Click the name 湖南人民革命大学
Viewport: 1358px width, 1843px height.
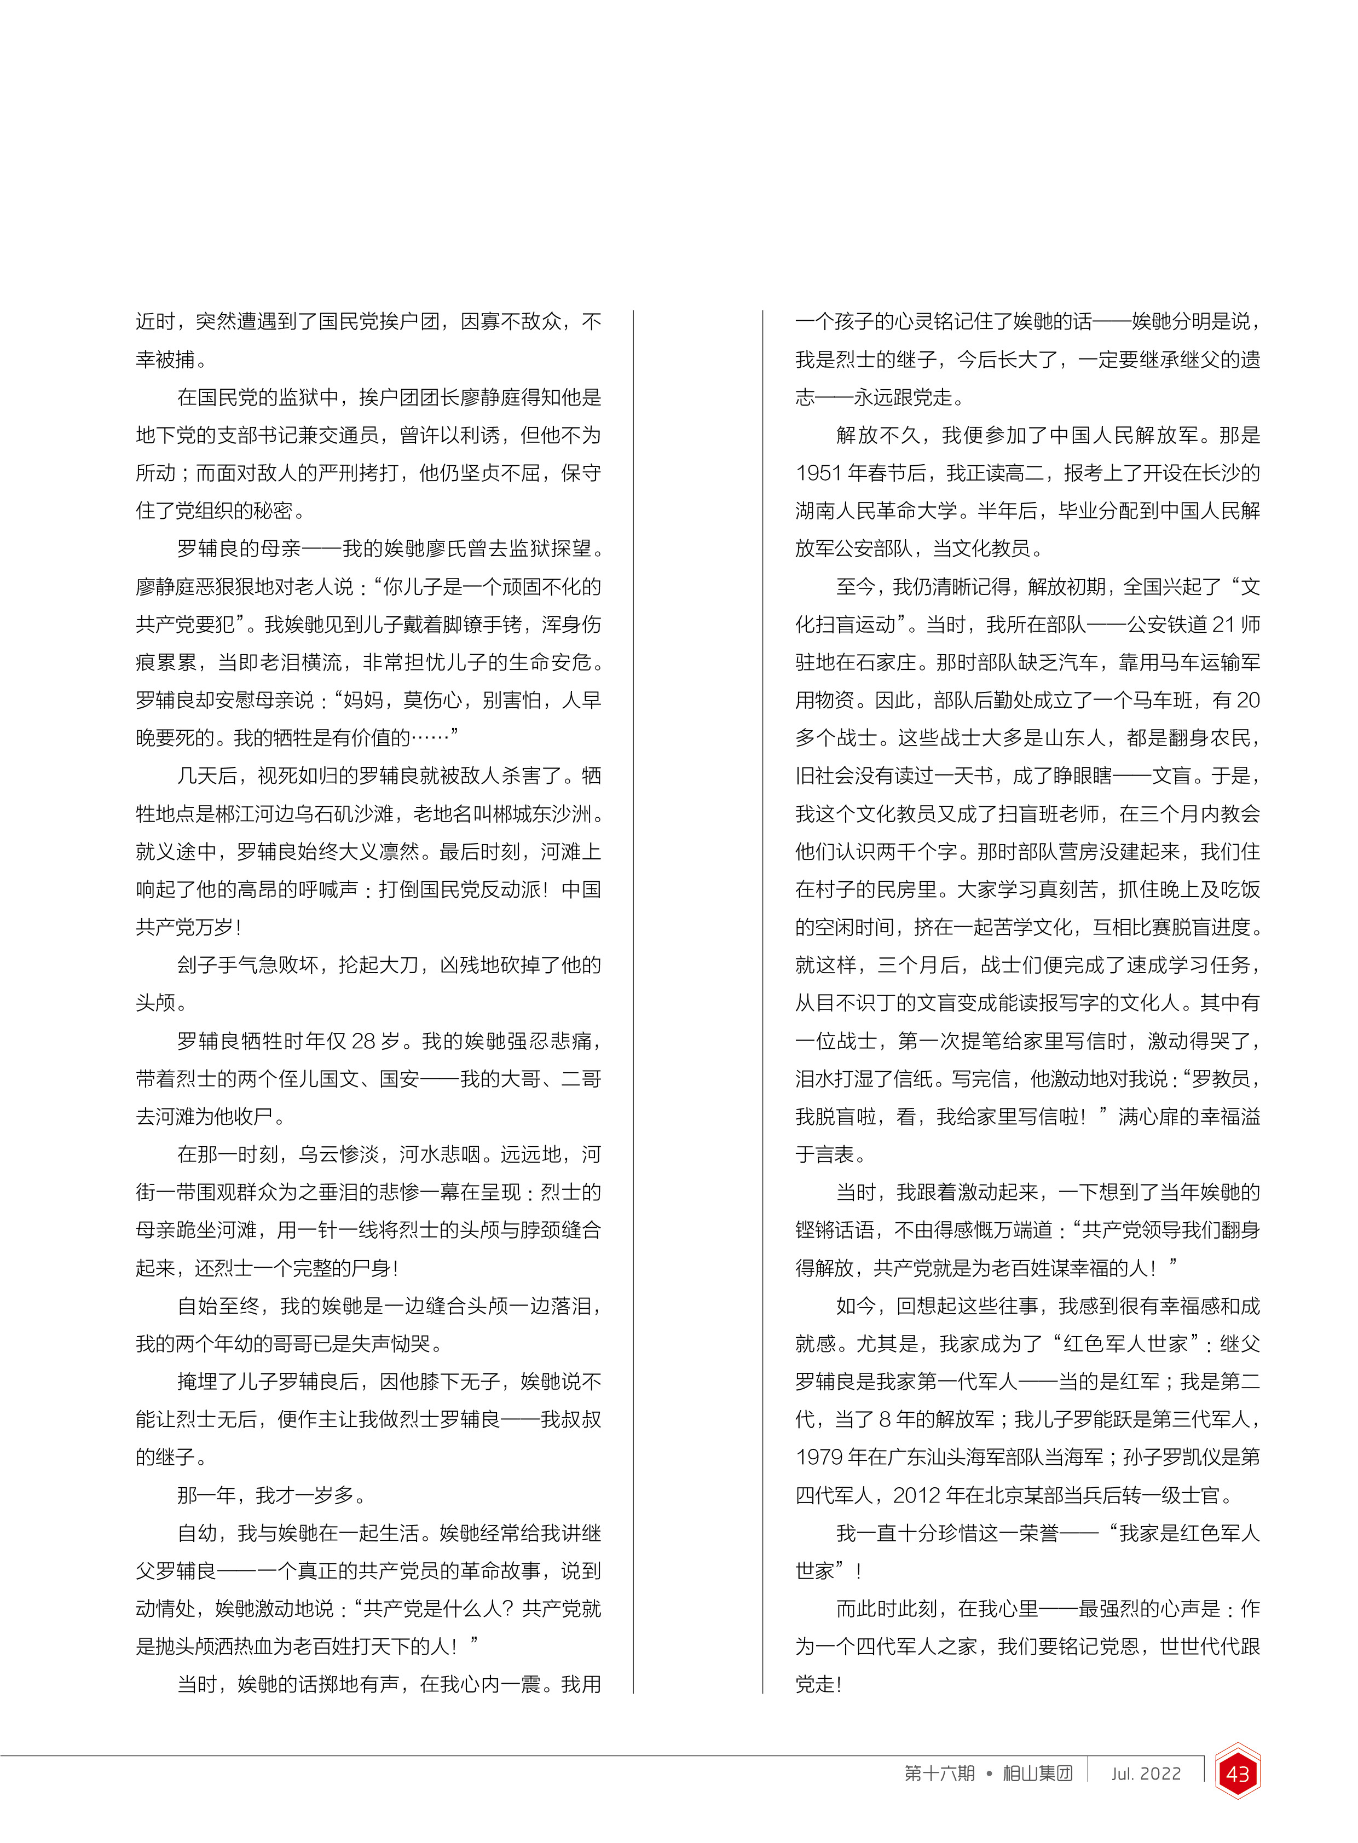tap(875, 511)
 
